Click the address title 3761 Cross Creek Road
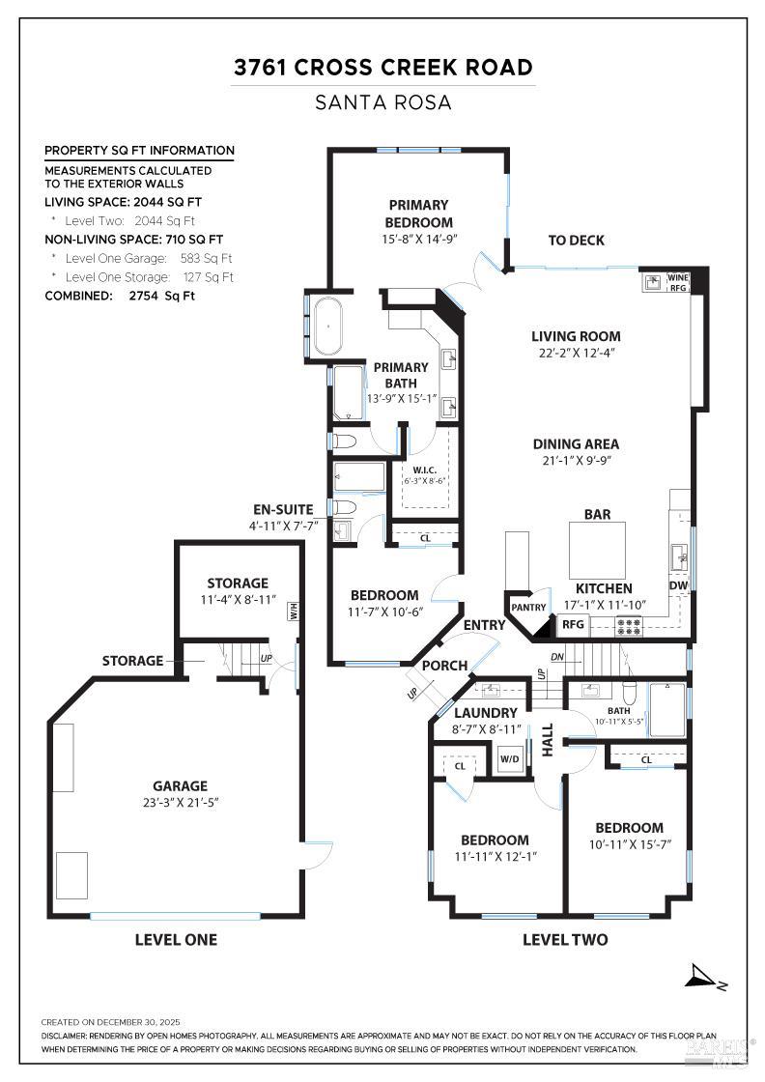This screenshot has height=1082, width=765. pyautogui.click(x=382, y=68)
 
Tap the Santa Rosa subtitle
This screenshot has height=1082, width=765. pyautogui.click(x=382, y=102)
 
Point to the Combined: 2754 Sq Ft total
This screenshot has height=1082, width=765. pyautogui.click(x=120, y=296)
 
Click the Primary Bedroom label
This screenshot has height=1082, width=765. pyautogui.click(x=418, y=214)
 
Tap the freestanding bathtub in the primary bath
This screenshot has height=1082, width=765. pyautogui.click(x=328, y=326)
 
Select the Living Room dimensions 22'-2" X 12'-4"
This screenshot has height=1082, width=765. pyautogui.click(x=576, y=354)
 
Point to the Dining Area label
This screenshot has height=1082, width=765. pyautogui.click(x=576, y=444)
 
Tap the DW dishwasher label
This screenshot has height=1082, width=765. pyautogui.click(x=678, y=585)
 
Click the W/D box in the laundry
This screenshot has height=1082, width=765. pyautogui.click(x=509, y=759)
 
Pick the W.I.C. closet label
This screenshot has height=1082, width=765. pyautogui.click(x=426, y=471)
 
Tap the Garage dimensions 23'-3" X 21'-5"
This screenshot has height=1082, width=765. pyautogui.click(x=180, y=802)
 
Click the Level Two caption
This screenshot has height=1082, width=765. pyautogui.click(x=565, y=939)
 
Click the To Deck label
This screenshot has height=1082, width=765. pyautogui.click(x=577, y=241)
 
